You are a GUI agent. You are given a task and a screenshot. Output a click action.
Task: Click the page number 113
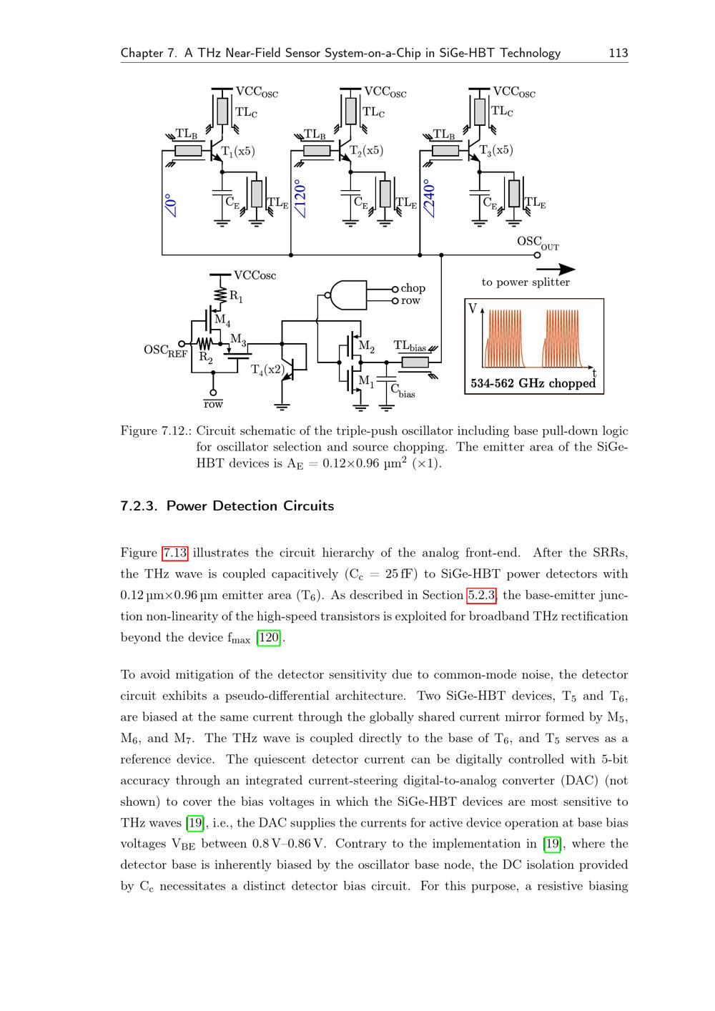tap(618, 53)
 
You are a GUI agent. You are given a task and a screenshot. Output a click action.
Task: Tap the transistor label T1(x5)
tap(238, 151)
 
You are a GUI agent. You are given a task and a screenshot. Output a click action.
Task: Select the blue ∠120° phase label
tap(301, 199)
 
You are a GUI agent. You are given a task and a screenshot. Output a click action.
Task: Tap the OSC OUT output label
tap(537, 242)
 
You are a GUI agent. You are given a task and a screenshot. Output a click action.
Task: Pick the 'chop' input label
tap(413, 288)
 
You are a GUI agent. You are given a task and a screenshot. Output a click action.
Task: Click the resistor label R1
tap(236, 297)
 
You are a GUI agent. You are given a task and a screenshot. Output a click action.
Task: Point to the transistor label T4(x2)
tap(267, 370)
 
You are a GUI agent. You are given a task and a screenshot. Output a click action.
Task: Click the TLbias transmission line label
tap(410, 347)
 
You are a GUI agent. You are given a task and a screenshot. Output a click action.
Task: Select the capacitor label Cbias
tap(402, 390)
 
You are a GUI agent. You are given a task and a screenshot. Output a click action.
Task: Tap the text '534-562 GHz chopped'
tap(533, 383)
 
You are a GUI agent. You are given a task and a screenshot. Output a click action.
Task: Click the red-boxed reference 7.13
tap(175, 553)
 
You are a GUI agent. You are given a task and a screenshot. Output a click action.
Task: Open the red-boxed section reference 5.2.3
tap(482, 595)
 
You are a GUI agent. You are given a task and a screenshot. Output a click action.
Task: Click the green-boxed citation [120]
tap(269, 638)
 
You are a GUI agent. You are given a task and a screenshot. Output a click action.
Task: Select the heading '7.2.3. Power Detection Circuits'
tap(227, 506)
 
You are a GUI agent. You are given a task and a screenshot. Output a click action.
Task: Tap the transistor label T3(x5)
tap(495, 151)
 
